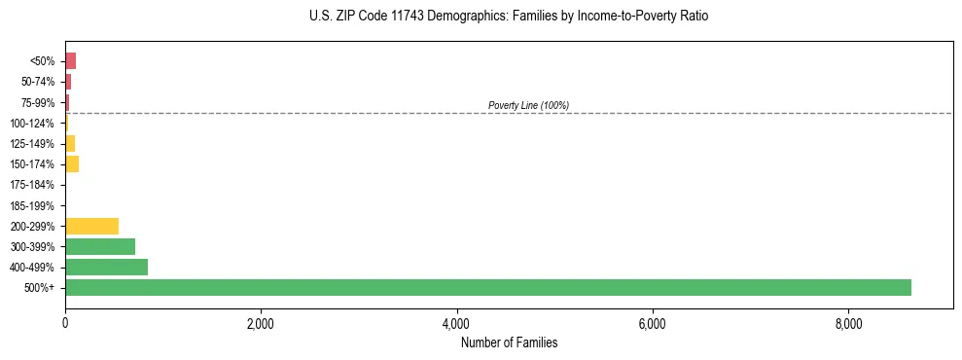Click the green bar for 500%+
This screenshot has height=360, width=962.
click(x=487, y=287)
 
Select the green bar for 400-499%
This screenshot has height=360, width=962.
click(x=106, y=267)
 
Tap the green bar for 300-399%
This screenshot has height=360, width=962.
click(x=100, y=246)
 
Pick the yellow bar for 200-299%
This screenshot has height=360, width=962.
click(x=91, y=226)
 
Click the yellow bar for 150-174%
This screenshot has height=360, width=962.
click(x=72, y=163)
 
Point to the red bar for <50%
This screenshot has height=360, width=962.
click(x=70, y=60)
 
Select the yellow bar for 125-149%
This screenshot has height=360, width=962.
click(x=70, y=143)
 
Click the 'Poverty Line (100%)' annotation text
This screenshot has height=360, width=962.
click(x=528, y=105)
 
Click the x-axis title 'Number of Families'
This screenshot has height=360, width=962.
click(x=509, y=342)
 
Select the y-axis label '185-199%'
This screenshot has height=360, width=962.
click(x=33, y=205)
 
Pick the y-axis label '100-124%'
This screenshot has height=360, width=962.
click(x=33, y=123)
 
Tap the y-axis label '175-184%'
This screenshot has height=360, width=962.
click(x=33, y=185)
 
